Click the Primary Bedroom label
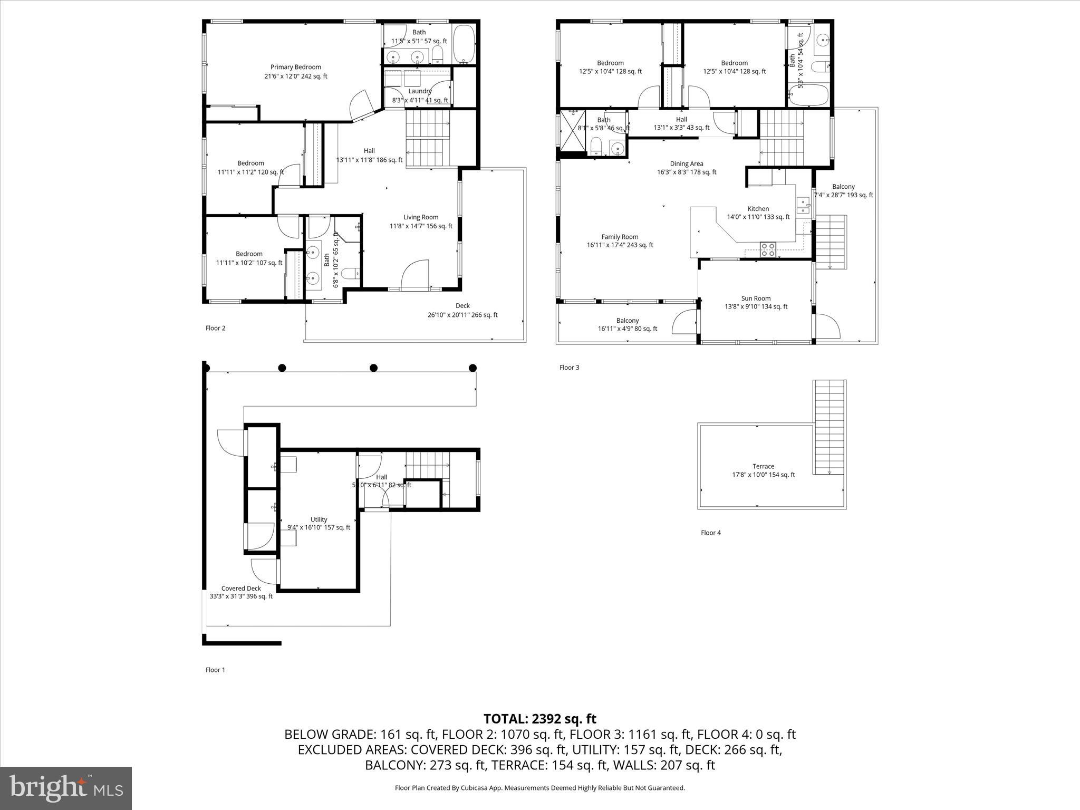click(x=295, y=67)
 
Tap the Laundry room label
click(x=420, y=91)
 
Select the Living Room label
click(x=421, y=217)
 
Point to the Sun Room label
click(x=755, y=298)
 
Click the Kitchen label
click(x=758, y=208)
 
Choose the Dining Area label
click(x=686, y=163)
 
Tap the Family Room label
click(x=620, y=237)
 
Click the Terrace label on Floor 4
click(x=763, y=466)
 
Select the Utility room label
click(x=319, y=519)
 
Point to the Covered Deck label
click(x=241, y=588)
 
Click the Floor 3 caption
click(x=569, y=368)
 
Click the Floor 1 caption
click(x=215, y=670)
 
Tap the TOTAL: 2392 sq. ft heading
click(x=539, y=719)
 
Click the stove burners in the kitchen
click(x=768, y=249)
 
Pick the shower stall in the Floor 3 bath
click(x=572, y=130)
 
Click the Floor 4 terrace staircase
click(x=830, y=427)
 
